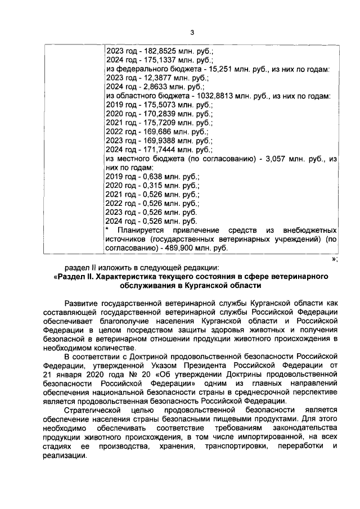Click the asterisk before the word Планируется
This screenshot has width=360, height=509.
[x=107, y=231]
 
